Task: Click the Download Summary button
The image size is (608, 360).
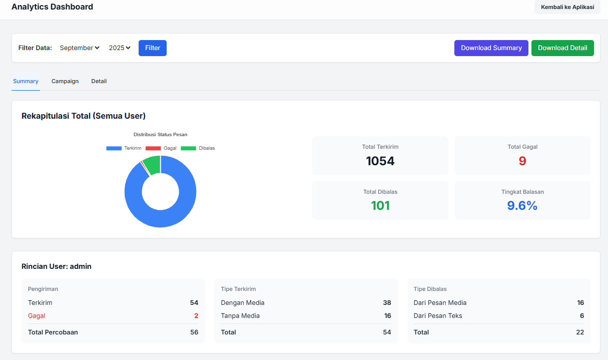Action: [491, 48]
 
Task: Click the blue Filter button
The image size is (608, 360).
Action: [153, 48]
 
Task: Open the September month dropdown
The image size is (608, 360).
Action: [80, 48]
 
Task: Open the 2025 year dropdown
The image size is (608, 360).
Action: [120, 48]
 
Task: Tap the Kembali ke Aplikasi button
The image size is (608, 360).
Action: [567, 7]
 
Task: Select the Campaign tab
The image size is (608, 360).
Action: [65, 81]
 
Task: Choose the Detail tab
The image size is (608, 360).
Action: [99, 81]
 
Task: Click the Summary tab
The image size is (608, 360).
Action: [26, 81]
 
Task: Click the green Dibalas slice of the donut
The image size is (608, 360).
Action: [152, 165]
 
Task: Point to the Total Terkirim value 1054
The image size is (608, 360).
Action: [380, 161]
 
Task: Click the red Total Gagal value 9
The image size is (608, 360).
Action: [522, 161]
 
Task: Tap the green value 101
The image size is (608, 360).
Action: [380, 205]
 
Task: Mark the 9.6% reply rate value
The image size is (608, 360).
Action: [522, 205]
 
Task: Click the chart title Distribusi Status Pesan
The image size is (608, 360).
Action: [160, 134]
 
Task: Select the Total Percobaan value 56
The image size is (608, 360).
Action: [194, 332]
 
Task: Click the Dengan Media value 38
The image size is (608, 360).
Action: [387, 302]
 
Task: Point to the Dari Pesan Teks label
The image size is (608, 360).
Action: [438, 315]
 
